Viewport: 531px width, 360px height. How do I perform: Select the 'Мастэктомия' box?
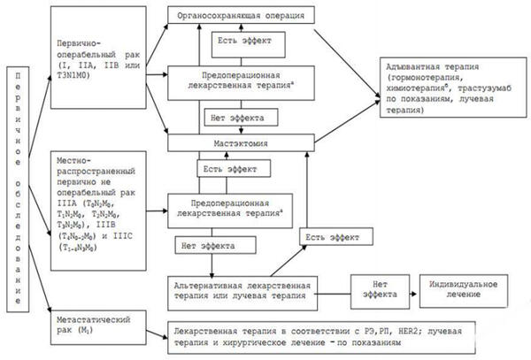(241, 142)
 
